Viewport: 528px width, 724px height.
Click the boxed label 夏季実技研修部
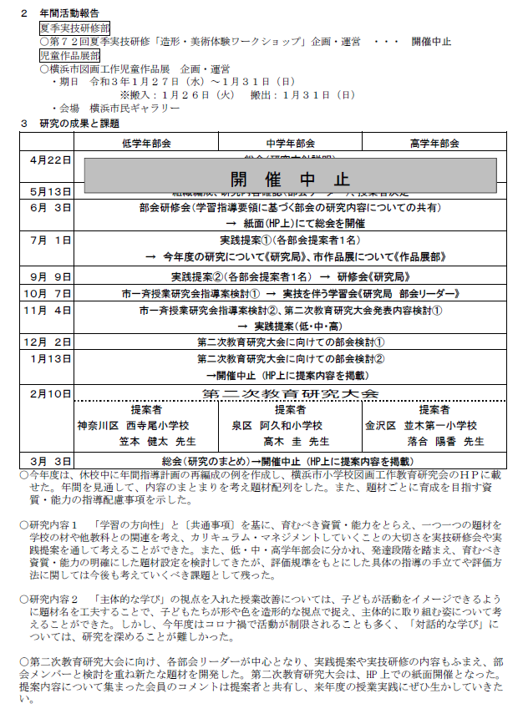pyautogui.click(x=74, y=28)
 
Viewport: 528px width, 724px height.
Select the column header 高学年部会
pyautogui.click(x=434, y=143)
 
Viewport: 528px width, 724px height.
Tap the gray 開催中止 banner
pyautogui.click(x=290, y=179)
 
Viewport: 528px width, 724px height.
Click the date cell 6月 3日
pyautogui.click(x=50, y=207)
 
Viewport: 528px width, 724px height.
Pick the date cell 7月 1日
pyautogui.click(x=50, y=240)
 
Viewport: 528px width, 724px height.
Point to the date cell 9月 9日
pyautogui.click(x=50, y=276)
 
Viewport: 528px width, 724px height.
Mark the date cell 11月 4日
pyautogui.click(x=50, y=310)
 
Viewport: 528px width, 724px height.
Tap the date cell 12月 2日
pyautogui.click(x=50, y=342)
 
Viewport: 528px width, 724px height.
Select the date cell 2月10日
pyautogui.click(x=50, y=392)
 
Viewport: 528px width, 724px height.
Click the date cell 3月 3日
pyautogui.click(x=50, y=460)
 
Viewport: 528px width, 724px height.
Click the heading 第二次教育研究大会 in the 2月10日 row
pyautogui.click(x=290, y=393)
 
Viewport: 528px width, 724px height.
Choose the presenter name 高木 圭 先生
pyautogui.click(x=297, y=442)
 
